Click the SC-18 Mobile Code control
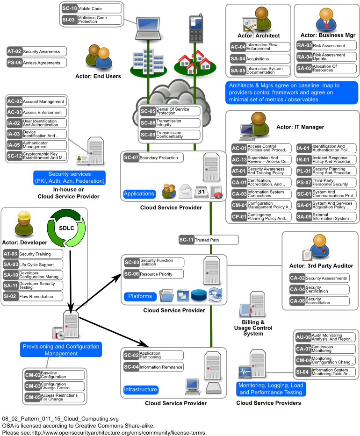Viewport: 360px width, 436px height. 91,8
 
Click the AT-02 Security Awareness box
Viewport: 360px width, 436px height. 36,51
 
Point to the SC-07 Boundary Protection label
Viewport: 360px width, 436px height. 153,158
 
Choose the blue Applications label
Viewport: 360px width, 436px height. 139,193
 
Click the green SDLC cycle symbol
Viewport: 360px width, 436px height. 66,228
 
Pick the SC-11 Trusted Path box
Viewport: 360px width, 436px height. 209,240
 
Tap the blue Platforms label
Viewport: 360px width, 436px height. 140,296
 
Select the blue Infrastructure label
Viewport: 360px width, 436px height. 141,389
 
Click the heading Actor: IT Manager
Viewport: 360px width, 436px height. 300,127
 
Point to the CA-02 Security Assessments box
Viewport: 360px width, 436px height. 319,278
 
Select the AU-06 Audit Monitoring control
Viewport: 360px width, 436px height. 325,337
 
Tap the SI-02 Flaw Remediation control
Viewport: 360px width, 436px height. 33,296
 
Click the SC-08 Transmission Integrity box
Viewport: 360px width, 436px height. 170,123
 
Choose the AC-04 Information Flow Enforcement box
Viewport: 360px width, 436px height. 260,47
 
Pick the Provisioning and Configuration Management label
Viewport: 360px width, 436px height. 61,350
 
